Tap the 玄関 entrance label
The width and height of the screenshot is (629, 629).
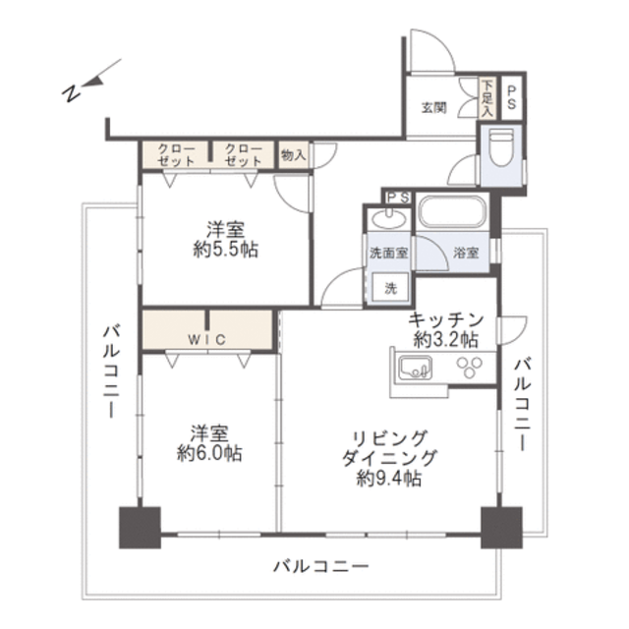click(x=433, y=107)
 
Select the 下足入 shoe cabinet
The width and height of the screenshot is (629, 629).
click(x=487, y=98)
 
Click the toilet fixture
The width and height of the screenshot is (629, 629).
click(x=501, y=147)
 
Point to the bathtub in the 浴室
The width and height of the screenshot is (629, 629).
click(x=452, y=211)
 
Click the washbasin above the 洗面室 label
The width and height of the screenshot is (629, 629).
click(x=389, y=218)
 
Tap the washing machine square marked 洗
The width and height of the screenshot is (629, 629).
click(x=390, y=287)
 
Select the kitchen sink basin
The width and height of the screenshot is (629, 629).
click(x=415, y=368)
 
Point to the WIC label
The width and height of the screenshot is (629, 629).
click(x=207, y=340)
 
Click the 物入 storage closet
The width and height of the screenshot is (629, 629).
click(x=293, y=154)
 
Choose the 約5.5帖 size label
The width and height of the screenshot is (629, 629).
click(x=225, y=250)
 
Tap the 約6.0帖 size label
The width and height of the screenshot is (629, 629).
click(x=209, y=454)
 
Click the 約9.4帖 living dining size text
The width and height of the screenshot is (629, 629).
click(x=389, y=479)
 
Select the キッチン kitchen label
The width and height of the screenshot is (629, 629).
click(x=446, y=319)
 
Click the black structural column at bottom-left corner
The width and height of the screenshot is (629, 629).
click(x=140, y=528)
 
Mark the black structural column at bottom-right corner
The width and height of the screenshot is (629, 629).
click(x=501, y=528)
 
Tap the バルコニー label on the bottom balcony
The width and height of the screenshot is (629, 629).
click(x=321, y=566)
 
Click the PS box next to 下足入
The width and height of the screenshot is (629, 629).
click(x=511, y=98)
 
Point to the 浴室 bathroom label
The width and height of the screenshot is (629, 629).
click(x=466, y=253)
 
